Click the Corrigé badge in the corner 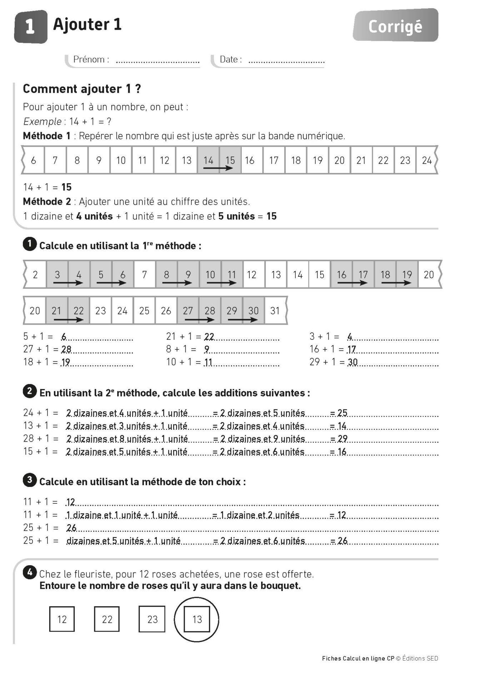(x=395, y=26)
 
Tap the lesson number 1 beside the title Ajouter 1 (x=30, y=27)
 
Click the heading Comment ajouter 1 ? (x=82, y=89)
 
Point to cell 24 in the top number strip (x=427, y=160)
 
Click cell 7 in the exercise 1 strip (x=144, y=275)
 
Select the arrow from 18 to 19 (x=396, y=283)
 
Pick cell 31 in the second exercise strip (x=275, y=311)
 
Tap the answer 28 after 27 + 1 (x=66, y=349)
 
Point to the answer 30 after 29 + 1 (x=353, y=362)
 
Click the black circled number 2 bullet (x=30, y=391)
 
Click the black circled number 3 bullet (x=30, y=480)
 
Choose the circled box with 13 (x=197, y=619)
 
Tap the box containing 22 (x=107, y=619)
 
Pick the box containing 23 (x=152, y=619)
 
